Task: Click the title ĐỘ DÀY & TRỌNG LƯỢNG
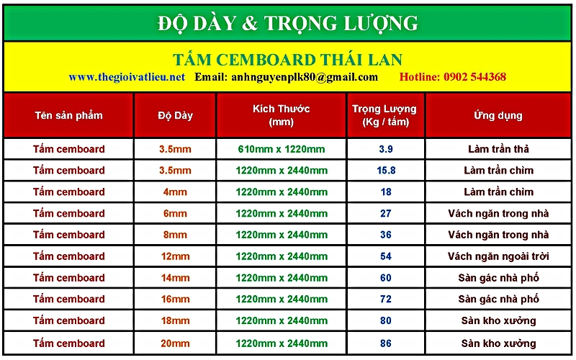point(287,24)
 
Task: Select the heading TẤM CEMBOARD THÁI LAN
point(287,60)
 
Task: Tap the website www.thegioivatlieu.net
point(127,77)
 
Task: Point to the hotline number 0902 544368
point(474,77)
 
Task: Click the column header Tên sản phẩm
point(68,116)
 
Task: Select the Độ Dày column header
point(175,116)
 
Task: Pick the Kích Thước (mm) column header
point(281,115)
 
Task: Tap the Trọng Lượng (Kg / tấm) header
point(384,115)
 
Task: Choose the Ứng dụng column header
point(498,115)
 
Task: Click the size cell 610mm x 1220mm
point(282,149)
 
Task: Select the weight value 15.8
point(386,171)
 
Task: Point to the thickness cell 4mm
point(175,192)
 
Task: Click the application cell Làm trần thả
point(498,149)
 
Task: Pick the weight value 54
point(386,256)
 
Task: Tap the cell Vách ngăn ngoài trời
point(498,256)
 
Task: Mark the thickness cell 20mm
point(175,343)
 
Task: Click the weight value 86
point(386,343)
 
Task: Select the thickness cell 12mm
point(175,256)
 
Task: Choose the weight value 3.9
point(386,149)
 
